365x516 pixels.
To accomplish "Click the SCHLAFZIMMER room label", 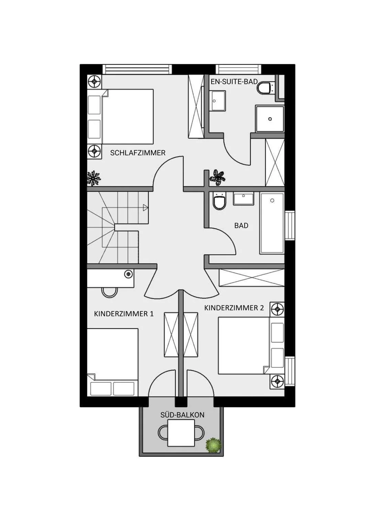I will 138,153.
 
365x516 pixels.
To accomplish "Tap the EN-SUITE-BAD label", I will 234,82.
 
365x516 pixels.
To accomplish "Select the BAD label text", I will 241,226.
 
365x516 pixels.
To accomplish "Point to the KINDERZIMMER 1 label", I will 124,314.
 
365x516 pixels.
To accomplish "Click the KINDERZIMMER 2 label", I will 234,308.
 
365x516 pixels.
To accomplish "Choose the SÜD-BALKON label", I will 182,415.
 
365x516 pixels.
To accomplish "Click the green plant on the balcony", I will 213,445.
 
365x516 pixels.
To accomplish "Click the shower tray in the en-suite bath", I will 270,119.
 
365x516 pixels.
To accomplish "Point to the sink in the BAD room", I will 244,198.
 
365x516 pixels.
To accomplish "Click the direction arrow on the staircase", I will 146,207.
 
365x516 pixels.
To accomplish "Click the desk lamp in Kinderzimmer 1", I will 129,274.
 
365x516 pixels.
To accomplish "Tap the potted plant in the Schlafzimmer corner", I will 93,178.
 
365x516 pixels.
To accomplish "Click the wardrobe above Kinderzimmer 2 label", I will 251,278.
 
